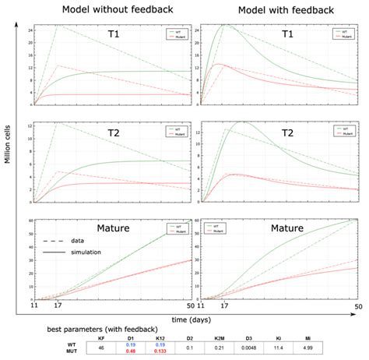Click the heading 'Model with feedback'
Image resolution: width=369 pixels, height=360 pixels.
coord(276,10)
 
